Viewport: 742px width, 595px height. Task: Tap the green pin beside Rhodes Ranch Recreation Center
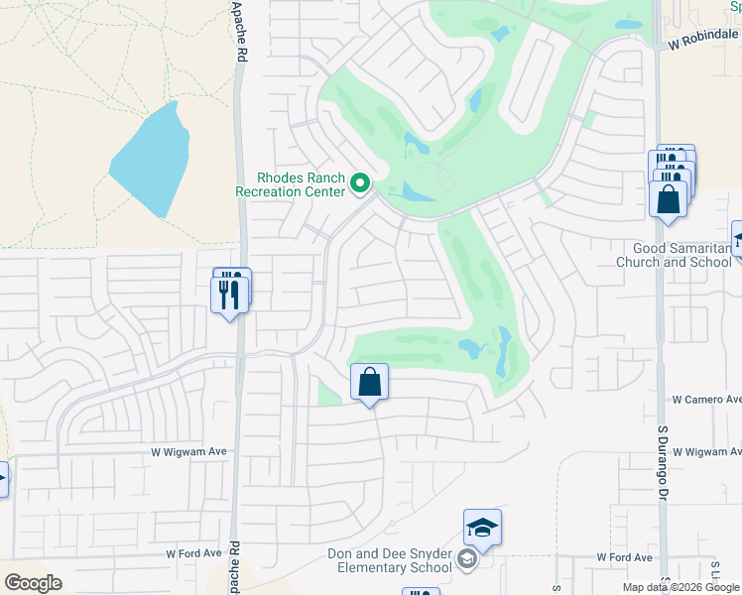(361, 183)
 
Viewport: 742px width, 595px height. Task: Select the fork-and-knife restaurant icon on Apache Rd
(229, 295)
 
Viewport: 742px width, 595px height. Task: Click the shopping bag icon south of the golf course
(369, 382)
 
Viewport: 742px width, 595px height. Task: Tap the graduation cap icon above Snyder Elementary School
(482, 528)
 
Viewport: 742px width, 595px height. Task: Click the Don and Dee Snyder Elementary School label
(390, 560)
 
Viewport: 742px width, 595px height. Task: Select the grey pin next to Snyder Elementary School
(468, 560)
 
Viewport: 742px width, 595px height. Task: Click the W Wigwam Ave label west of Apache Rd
(188, 451)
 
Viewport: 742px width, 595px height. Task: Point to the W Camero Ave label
(705, 400)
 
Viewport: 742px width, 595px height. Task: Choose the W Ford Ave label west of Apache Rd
(190, 553)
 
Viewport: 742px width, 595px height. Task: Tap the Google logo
(33, 583)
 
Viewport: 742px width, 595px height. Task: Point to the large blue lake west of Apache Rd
(152, 159)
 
